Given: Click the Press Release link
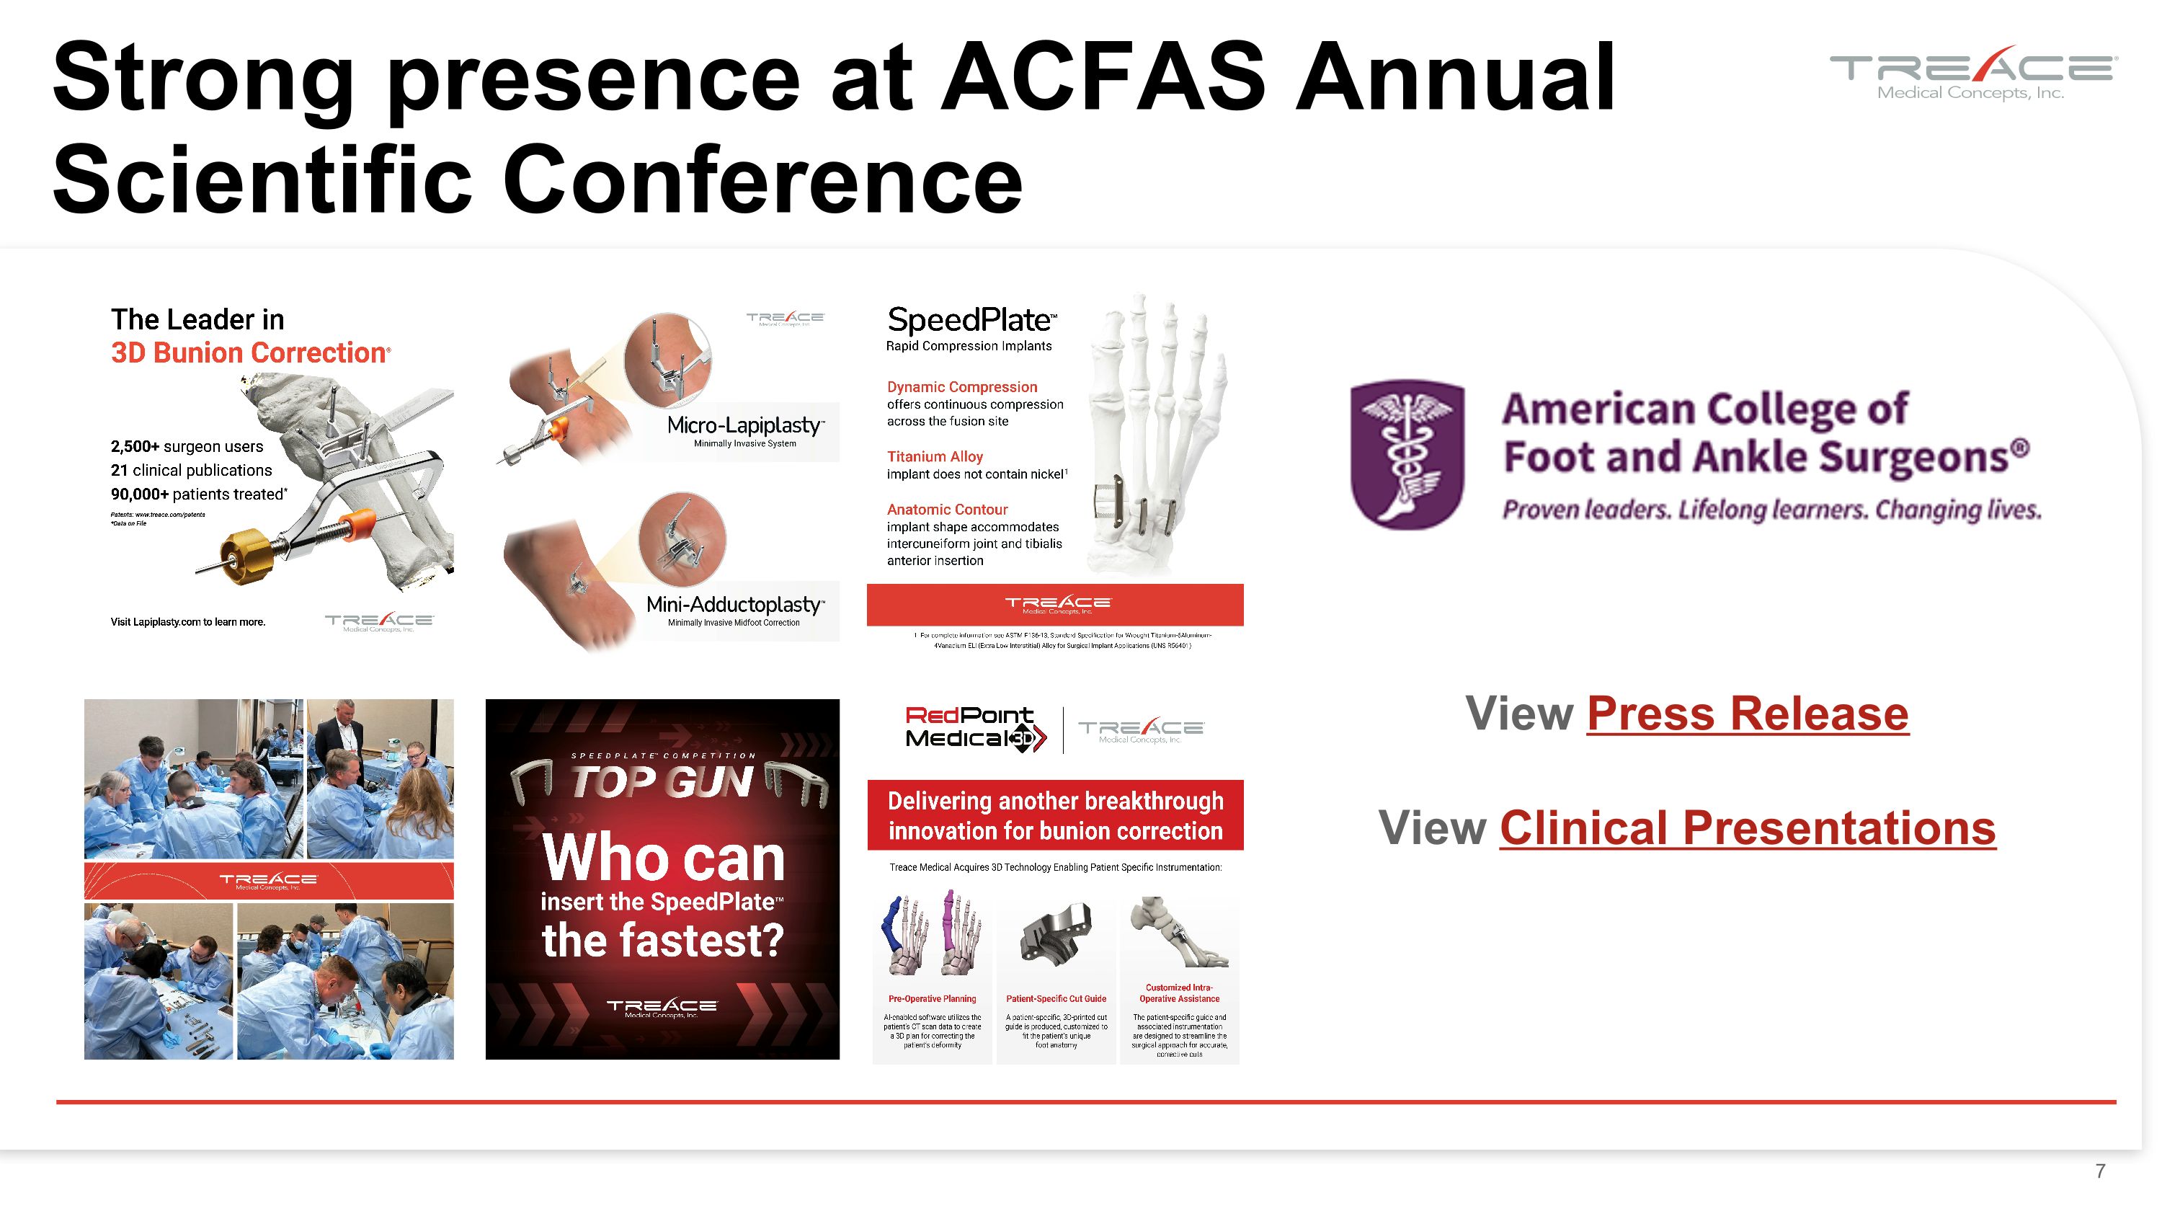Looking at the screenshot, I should coord(1747,714).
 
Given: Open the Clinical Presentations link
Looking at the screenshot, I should coord(1747,828).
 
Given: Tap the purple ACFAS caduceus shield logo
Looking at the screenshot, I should coord(1407,454).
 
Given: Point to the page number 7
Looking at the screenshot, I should coord(2100,1171).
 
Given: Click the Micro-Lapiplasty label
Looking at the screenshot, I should coord(744,425).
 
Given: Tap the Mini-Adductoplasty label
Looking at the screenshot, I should coord(734,604).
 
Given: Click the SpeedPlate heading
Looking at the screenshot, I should coord(970,321).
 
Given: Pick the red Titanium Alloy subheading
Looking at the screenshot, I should coord(934,456).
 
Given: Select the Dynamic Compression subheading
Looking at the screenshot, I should coord(962,387).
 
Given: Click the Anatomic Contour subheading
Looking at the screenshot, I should coord(947,510).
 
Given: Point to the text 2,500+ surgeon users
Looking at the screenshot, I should coord(187,446).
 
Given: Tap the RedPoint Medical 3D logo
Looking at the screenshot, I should coord(974,727).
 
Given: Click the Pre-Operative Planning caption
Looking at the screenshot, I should coord(932,998).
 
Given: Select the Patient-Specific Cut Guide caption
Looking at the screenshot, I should coord(1056,998).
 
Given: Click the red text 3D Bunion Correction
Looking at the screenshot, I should coord(249,353).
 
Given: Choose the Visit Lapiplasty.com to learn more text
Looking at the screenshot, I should coord(187,622).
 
